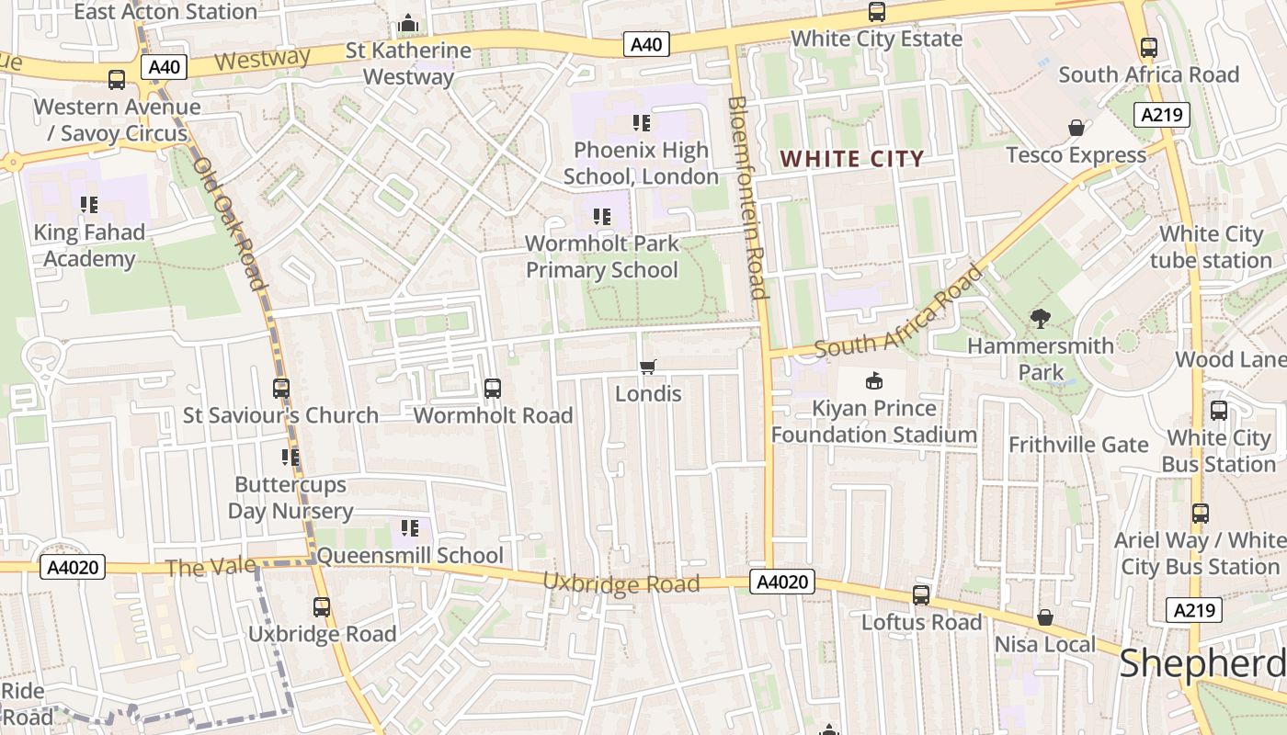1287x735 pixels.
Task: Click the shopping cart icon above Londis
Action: (x=648, y=367)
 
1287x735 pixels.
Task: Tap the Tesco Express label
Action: (x=1076, y=154)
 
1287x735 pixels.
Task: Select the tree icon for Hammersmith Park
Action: (x=1041, y=319)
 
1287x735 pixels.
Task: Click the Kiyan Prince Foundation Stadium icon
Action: (x=873, y=380)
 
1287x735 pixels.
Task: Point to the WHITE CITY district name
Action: (x=851, y=159)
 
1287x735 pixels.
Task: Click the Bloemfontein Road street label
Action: (x=747, y=198)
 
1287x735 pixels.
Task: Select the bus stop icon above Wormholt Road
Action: (x=493, y=389)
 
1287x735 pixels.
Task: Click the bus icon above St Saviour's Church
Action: (x=281, y=389)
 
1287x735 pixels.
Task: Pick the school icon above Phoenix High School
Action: (x=642, y=123)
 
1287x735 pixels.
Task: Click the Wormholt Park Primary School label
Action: (x=602, y=256)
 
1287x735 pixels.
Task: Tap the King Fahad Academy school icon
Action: (x=89, y=204)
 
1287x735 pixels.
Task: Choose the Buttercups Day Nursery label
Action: (x=290, y=497)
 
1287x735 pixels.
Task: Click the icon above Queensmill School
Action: (x=410, y=528)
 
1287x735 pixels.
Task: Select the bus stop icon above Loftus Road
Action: (x=921, y=595)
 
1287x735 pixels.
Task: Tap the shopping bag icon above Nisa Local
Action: (x=1045, y=617)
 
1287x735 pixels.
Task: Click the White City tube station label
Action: (x=1211, y=247)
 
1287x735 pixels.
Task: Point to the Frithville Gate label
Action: (x=1078, y=445)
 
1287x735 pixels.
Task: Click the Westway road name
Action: (x=263, y=60)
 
